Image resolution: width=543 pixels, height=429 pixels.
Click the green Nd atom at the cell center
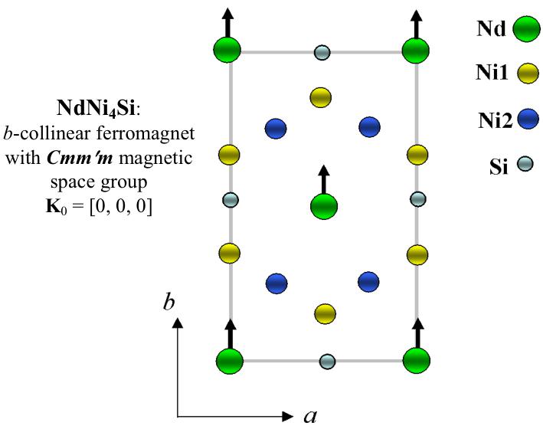(x=324, y=205)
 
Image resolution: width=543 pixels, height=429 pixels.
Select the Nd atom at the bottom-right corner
(x=417, y=360)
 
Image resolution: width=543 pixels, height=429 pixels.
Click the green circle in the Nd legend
(x=524, y=31)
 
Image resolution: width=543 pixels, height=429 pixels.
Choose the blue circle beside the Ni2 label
(x=528, y=120)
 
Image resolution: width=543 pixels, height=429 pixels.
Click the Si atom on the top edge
(x=322, y=53)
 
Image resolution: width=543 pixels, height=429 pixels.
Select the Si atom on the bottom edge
(x=327, y=360)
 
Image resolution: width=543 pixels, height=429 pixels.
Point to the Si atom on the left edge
(x=231, y=201)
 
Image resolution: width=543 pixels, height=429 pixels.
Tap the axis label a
(x=310, y=416)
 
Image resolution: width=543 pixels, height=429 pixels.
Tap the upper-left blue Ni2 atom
(x=276, y=129)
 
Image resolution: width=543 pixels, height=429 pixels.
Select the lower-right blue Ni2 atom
(x=369, y=281)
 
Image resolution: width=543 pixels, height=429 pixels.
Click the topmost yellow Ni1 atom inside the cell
(x=320, y=97)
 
